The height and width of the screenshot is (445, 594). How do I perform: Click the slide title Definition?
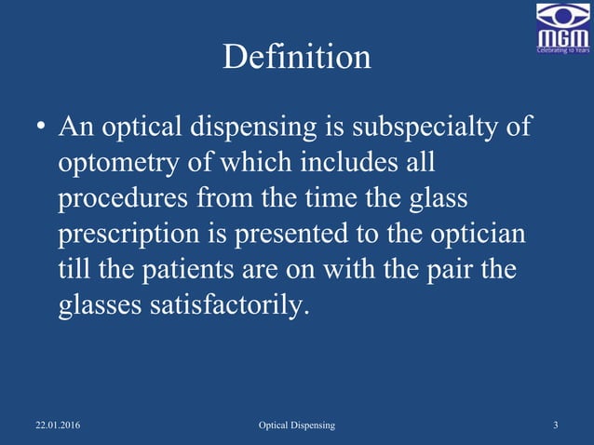[297, 58]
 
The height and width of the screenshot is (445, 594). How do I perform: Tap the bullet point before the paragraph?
[39, 127]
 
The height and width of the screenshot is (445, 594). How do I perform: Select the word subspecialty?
[421, 127]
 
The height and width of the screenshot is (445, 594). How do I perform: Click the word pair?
[448, 271]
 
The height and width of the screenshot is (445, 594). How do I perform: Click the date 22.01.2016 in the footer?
[58, 425]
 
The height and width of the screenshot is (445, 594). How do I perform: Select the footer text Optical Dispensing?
[297, 425]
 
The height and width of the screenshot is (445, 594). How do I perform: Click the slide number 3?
[555, 425]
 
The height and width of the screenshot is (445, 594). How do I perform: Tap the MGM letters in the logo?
[562, 36]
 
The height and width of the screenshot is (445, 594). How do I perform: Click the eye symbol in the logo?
[562, 15]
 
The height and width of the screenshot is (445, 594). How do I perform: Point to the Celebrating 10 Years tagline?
[562, 50]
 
